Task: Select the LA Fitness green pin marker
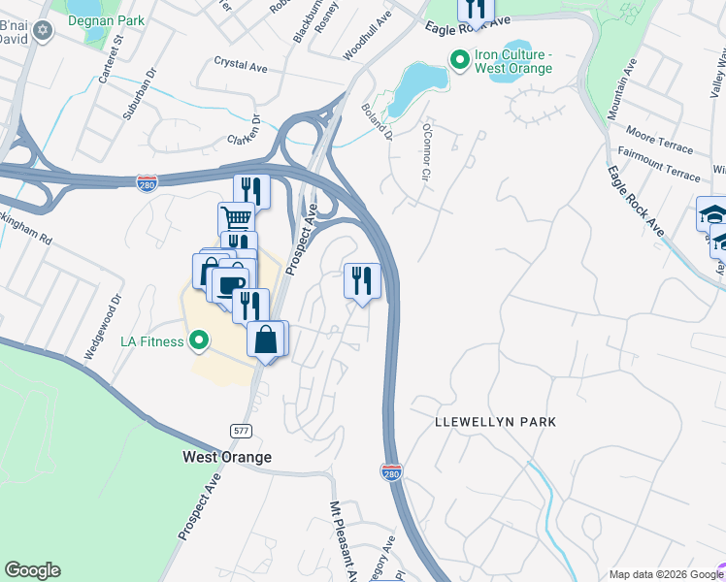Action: coord(199,340)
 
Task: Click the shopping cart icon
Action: coord(236,218)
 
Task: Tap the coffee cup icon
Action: coord(229,286)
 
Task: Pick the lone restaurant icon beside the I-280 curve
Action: coord(362,281)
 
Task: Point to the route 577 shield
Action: coord(242,430)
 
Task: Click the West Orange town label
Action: coord(227,457)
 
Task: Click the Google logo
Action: coord(32,570)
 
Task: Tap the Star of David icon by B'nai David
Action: coord(41,32)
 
